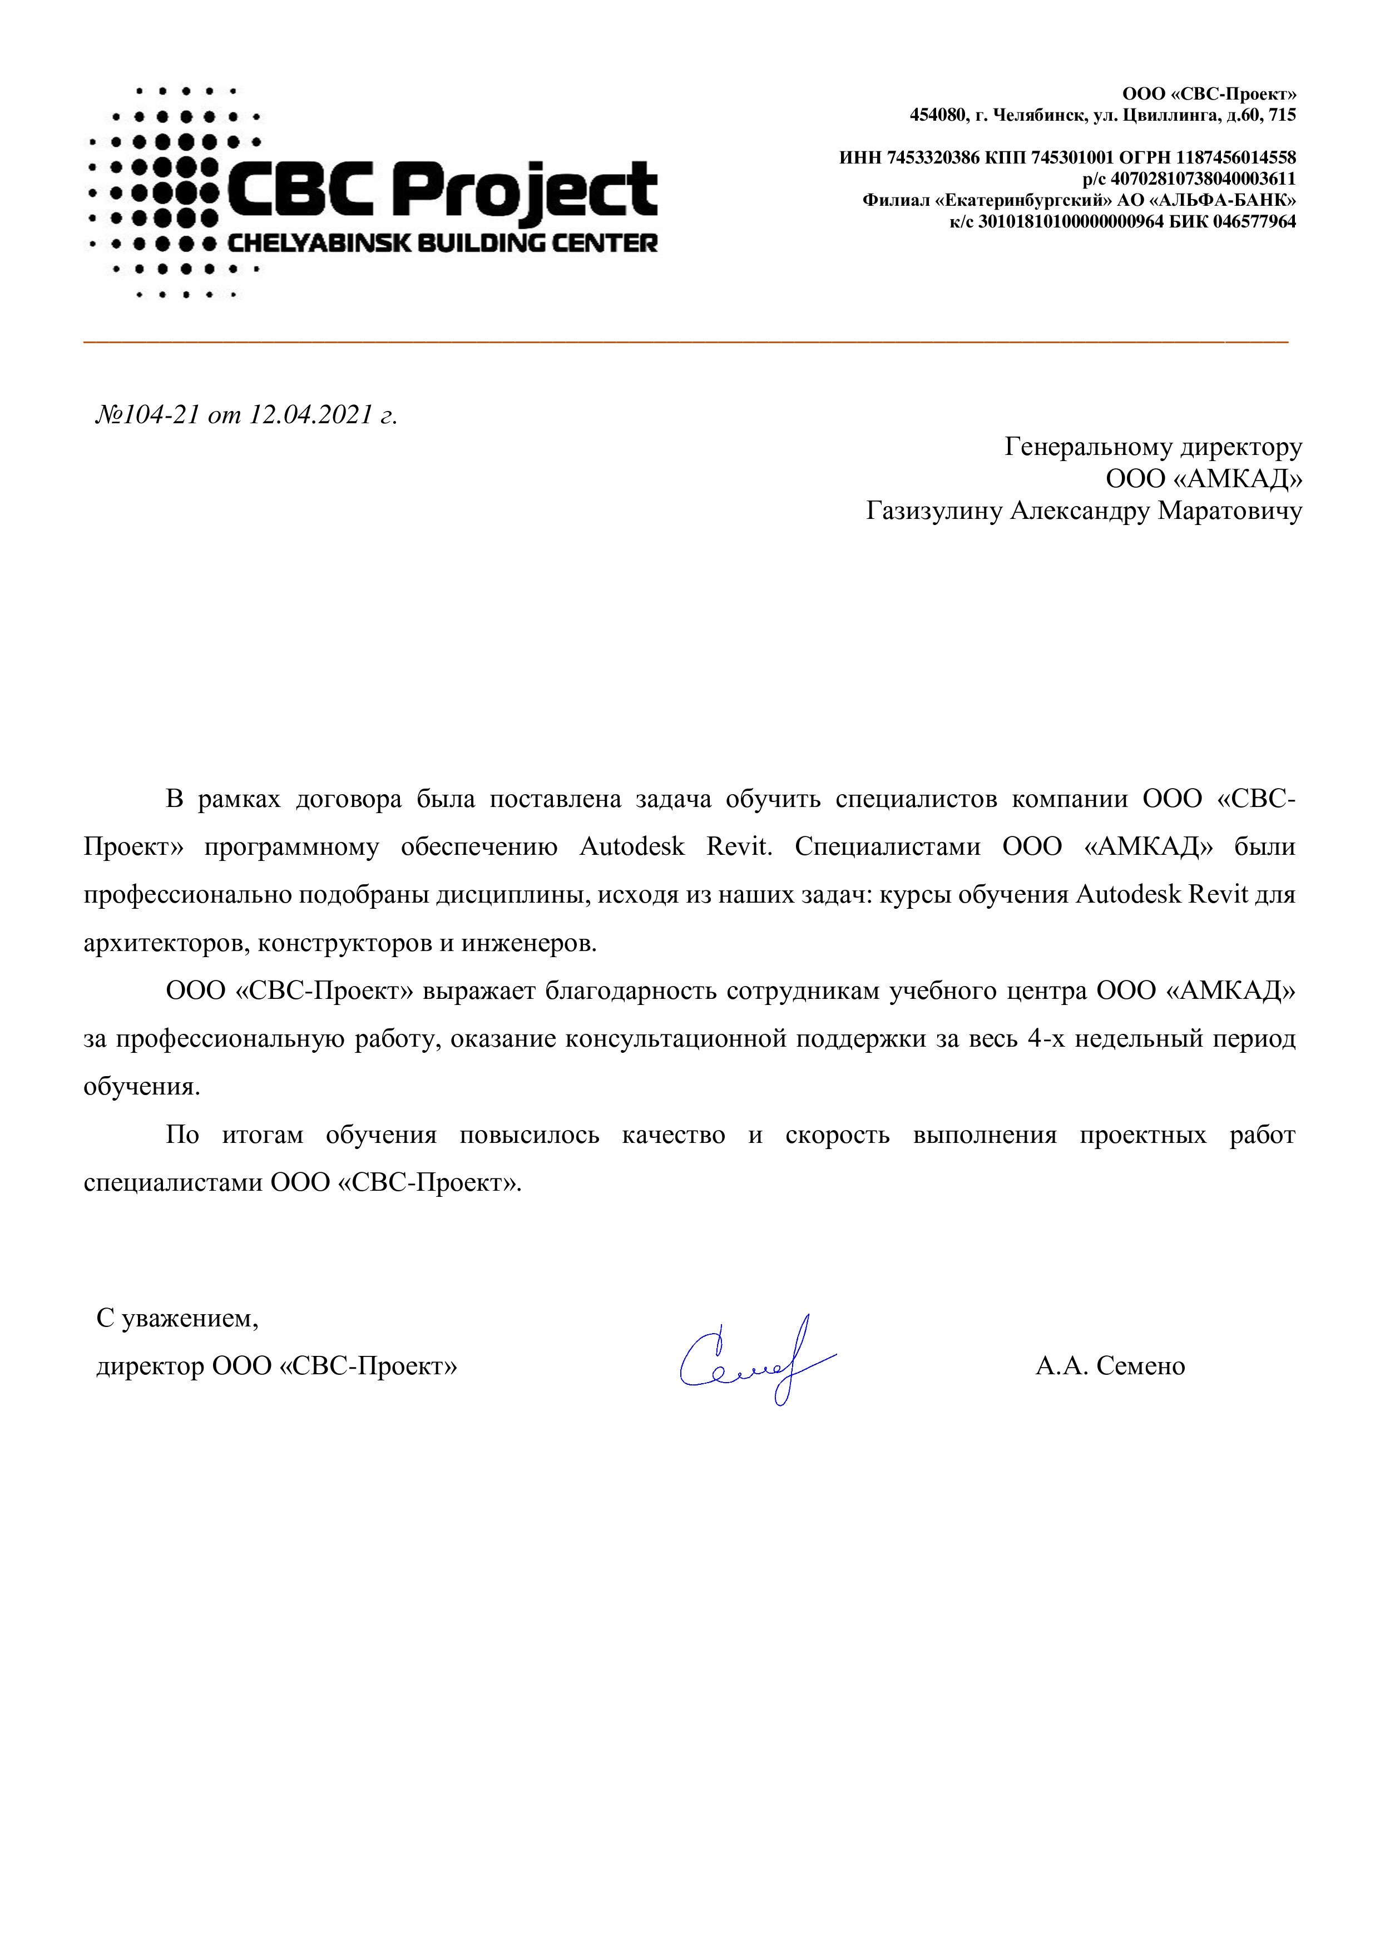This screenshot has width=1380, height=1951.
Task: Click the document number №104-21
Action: tap(147, 415)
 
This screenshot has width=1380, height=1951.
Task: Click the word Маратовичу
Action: tap(1230, 511)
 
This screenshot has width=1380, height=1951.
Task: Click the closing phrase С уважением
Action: tap(177, 1318)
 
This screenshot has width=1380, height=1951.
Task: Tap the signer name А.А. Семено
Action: tap(1110, 1365)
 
